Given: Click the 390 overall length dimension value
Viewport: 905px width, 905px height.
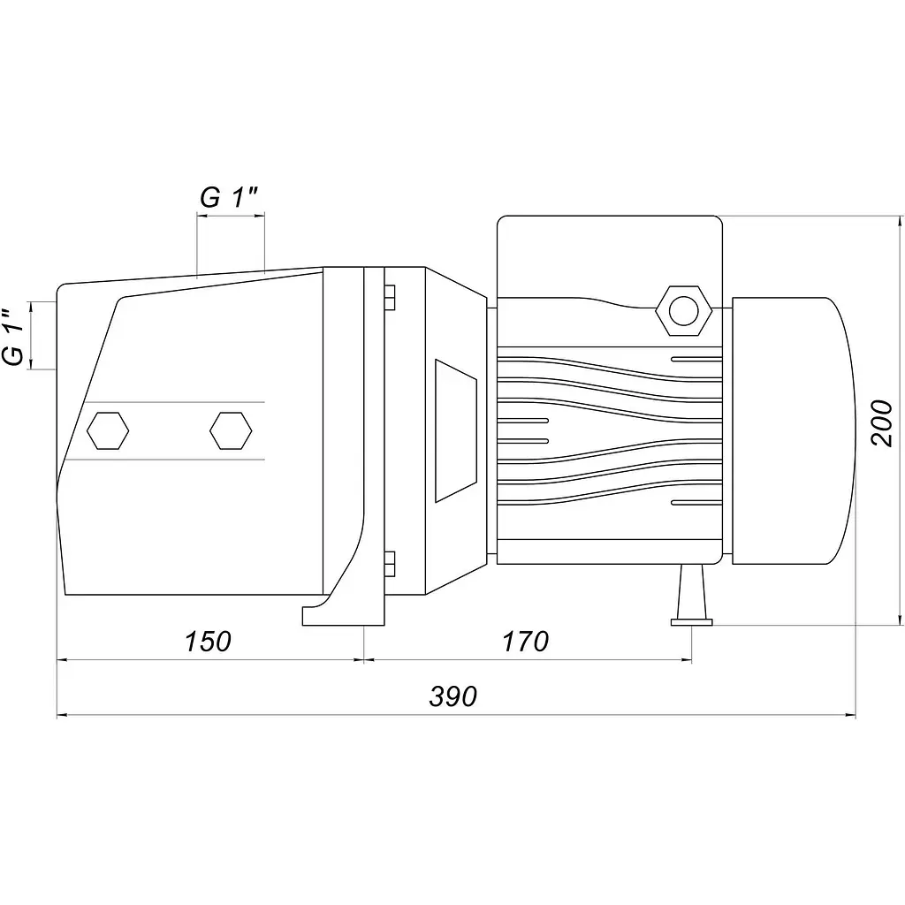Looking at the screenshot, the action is [453, 696].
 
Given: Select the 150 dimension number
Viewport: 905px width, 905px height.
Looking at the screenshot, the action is [208, 642].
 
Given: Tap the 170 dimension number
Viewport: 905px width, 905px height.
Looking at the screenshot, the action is [526, 642].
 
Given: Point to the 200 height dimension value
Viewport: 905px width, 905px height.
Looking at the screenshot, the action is [881, 422].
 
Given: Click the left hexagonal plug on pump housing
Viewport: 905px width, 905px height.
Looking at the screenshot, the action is [108, 430].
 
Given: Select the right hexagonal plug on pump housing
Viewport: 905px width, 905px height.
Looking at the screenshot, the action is [231, 430].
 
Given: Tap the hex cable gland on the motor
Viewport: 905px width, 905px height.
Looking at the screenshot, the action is [684, 310].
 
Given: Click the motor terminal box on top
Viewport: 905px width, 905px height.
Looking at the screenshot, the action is [610, 257].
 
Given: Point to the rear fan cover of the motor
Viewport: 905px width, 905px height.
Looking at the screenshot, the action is [794, 430].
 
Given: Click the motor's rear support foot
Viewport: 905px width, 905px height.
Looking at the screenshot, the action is [691, 596].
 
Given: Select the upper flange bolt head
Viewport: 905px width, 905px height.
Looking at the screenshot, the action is [390, 297].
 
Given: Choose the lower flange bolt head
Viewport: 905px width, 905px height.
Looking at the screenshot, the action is [390, 563].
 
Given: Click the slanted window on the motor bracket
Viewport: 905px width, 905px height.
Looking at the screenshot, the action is [456, 430].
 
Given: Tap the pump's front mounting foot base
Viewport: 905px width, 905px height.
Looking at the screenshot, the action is [344, 616].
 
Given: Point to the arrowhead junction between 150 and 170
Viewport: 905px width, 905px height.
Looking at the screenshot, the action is [364, 659].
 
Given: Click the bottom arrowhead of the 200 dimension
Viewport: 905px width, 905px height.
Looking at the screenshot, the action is [900, 618].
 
